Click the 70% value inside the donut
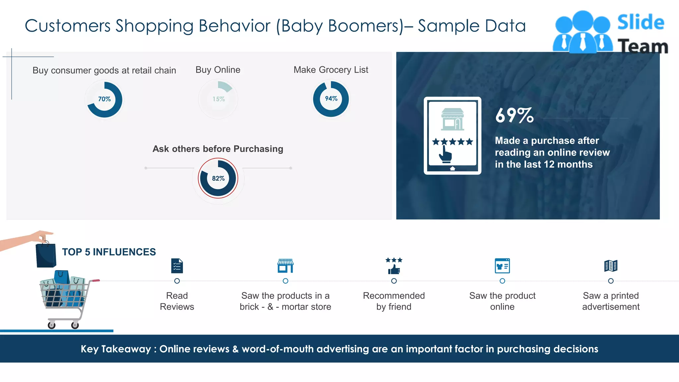(x=104, y=99)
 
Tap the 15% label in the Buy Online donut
(x=218, y=99)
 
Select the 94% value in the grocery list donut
(x=331, y=98)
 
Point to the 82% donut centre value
(x=218, y=178)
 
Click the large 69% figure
(x=514, y=115)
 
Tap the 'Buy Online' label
(x=218, y=70)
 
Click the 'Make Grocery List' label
(x=331, y=70)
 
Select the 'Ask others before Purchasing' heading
(x=218, y=149)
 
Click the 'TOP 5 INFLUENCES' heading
(x=109, y=252)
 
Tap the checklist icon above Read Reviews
(x=177, y=266)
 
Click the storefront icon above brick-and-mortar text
(x=285, y=266)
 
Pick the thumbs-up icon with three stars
(x=394, y=266)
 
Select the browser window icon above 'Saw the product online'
(x=502, y=266)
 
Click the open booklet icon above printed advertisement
(x=611, y=266)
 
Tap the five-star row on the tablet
(x=453, y=142)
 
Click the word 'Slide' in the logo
(x=641, y=23)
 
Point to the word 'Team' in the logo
(x=643, y=46)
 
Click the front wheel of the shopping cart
(x=52, y=325)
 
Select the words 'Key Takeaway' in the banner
(x=116, y=349)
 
